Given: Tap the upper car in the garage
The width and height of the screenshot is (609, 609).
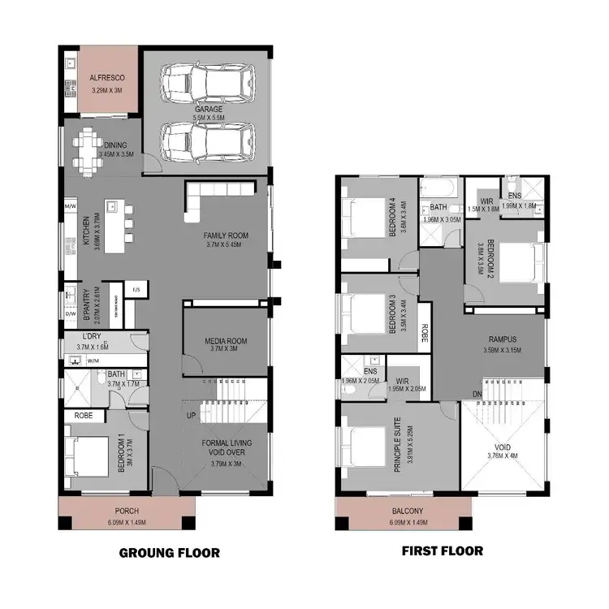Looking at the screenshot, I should (206, 82).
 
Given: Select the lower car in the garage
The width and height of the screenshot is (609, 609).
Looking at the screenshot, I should (206, 142).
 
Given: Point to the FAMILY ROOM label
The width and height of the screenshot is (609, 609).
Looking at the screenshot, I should (227, 236).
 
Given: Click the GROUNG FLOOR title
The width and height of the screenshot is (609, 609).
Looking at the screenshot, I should (169, 553).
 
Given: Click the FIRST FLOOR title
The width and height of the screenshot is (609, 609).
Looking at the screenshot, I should (443, 551).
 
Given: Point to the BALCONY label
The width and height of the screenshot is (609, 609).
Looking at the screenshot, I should (404, 512).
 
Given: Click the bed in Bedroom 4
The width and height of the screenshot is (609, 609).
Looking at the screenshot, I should (362, 218).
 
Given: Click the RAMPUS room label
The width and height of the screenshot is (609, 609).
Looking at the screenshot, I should (503, 339).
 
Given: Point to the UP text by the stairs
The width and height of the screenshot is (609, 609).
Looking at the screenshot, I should (191, 416).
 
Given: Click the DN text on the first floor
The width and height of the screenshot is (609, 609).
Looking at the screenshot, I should (476, 395).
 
